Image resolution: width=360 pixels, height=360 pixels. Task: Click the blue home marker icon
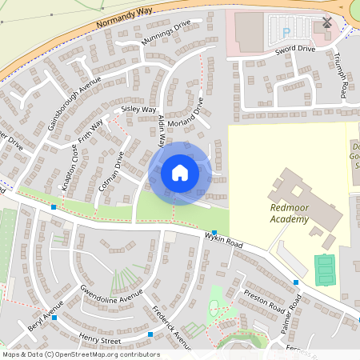(179, 173)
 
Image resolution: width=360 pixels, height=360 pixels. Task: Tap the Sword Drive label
(296, 49)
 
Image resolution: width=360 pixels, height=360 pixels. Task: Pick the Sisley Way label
(138, 110)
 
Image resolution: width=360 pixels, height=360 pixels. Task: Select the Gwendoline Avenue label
(110, 296)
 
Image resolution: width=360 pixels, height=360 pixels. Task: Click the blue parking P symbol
(286, 33)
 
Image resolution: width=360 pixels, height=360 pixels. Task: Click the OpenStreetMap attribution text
(81, 354)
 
